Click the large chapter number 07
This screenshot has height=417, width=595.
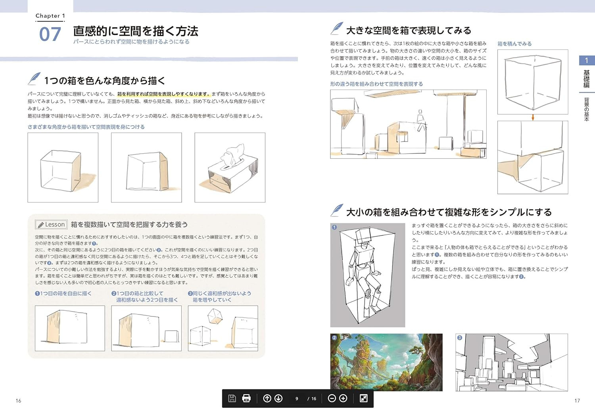(x=50, y=34)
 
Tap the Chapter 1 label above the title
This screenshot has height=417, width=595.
(x=50, y=16)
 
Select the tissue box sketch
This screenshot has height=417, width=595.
(x=230, y=168)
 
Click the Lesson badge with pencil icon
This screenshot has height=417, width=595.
(x=51, y=225)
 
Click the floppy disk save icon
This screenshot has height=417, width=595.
(x=232, y=398)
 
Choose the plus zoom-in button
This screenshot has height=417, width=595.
(x=344, y=398)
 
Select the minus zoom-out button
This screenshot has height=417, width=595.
(x=332, y=398)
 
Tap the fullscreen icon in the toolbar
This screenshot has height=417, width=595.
(x=363, y=398)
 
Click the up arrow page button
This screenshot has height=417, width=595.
(x=267, y=398)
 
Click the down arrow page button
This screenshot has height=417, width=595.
(x=278, y=398)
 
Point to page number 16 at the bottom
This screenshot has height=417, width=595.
(x=18, y=401)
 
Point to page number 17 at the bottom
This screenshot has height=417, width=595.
(x=577, y=401)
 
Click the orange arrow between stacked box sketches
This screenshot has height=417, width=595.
(x=533, y=118)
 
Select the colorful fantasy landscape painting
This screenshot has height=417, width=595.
(x=386, y=362)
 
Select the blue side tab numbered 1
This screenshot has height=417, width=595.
(x=587, y=61)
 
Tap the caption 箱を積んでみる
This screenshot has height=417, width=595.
(x=514, y=44)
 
